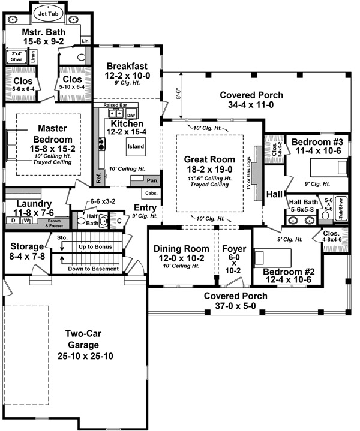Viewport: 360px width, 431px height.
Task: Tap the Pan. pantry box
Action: pyautogui.click(x=152, y=180)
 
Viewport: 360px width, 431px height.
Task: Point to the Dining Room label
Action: pyautogui.click(x=179, y=249)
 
